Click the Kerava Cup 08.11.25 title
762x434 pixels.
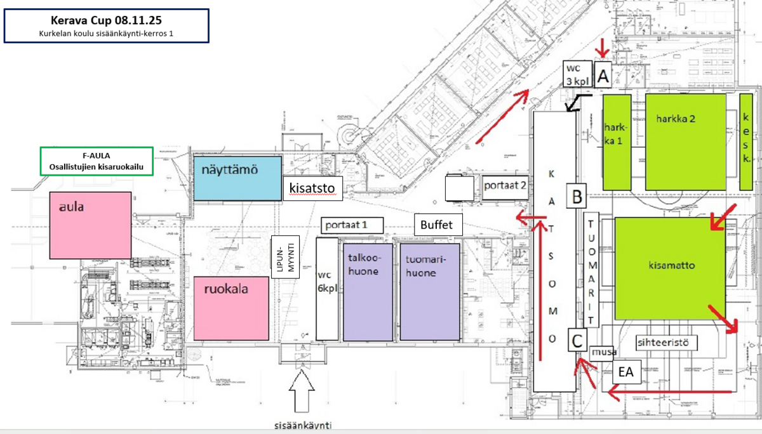click(106, 20)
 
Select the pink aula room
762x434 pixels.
click(90, 225)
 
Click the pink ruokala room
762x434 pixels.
click(231, 307)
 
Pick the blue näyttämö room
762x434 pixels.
click(237, 178)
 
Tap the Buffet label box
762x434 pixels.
click(438, 225)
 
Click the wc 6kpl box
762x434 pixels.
click(326, 289)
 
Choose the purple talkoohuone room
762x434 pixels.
click(367, 291)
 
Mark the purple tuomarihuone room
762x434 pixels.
click(429, 291)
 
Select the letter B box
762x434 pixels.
click(577, 196)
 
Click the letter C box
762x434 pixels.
click(577, 341)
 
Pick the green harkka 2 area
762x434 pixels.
click(685, 141)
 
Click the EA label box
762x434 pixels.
click(626, 372)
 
